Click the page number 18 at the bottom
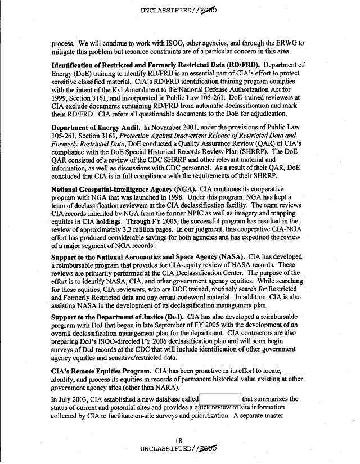[x=179, y=441]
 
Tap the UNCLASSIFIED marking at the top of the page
[x=180, y=10]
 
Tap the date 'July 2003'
[x=60, y=399]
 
